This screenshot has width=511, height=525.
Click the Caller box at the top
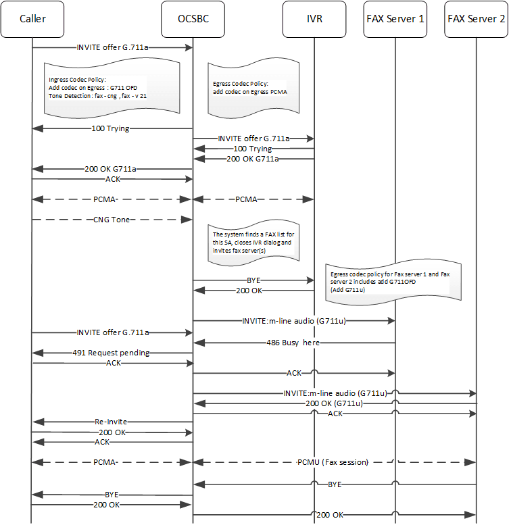click(32, 18)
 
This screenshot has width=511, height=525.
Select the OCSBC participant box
click(193, 18)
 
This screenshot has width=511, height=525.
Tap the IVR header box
click(314, 18)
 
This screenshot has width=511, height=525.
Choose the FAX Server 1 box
click(395, 18)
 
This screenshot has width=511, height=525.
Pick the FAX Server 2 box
click(476, 18)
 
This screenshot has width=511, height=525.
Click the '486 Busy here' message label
click(293, 343)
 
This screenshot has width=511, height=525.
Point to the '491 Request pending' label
click(112, 353)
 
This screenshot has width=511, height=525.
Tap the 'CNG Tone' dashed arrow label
click(112, 220)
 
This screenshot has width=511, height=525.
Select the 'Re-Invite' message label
click(112, 421)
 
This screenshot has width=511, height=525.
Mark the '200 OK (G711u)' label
click(333, 403)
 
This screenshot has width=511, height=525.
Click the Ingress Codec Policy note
click(112, 87)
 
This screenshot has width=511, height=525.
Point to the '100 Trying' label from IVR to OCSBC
click(252, 148)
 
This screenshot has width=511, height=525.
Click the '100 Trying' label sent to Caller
click(112, 127)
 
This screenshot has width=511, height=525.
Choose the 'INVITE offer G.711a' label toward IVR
click(253, 138)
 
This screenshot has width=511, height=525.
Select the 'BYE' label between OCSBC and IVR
click(253, 278)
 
